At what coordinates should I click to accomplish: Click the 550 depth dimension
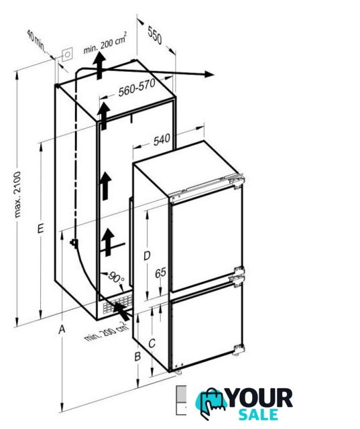(155, 35)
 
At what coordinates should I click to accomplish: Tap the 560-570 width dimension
(137, 87)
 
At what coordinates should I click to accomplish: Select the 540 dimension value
(162, 140)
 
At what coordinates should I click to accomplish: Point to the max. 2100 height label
(17, 194)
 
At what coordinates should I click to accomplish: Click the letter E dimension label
(40, 229)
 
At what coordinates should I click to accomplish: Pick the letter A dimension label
(62, 329)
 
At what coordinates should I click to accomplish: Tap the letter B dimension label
(137, 357)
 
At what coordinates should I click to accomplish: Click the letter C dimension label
(152, 343)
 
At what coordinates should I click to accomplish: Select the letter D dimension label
(147, 256)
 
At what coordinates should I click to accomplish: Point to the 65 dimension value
(161, 273)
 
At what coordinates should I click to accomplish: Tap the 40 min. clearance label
(37, 40)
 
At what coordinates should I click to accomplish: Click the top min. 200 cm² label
(105, 44)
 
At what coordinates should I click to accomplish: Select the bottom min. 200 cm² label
(107, 331)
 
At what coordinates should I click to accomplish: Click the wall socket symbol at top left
(67, 55)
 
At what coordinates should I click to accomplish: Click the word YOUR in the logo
(259, 398)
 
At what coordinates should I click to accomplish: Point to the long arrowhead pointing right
(208, 74)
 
